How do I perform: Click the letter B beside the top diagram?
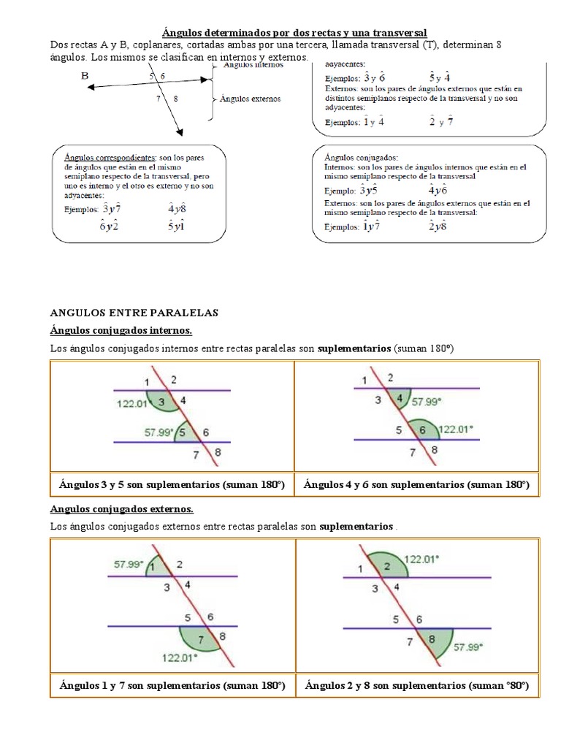point(85,75)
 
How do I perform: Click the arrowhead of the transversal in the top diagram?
point(178,131)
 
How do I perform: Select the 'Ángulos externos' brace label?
point(250,99)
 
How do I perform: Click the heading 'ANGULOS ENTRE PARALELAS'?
point(134,313)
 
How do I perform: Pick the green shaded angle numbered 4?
point(398,399)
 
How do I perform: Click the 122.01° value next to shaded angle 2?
point(421,559)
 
